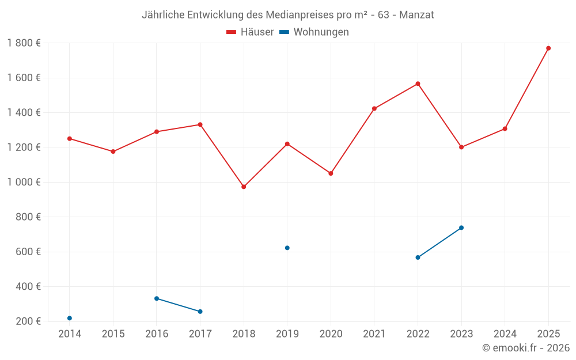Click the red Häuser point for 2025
pyautogui.click(x=548, y=48)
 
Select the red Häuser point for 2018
pyautogui.click(x=244, y=187)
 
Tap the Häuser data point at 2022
pyautogui.click(x=418, y=84)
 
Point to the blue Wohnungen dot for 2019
pyautogui.click(x=287, y=248)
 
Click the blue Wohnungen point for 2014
pyautogui.click(x=70, y=318)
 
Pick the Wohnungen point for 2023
pyautogui.click(x=461, y=228)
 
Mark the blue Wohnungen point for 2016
pyautogui.click(x=157, y=298)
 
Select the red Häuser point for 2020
pyautogui.click(x=331, y=173)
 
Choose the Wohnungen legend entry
pyautogui.click(x=314, y=32)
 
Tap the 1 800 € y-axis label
pyautogui.click(x=24, y=43)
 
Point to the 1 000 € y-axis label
pyautogui.click(x=24, y=182)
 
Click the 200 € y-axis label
pyautogui.click(x=28, y=321)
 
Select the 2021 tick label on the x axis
pyautogui.click(x=374, y=334)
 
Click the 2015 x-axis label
pyautogui.click(x=113, y=334)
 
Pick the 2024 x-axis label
pyautogui.click(x=505, y=334)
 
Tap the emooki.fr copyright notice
pyautogui.click(x=526, y=348)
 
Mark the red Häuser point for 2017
pyautogui.click(x=200, y=124)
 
